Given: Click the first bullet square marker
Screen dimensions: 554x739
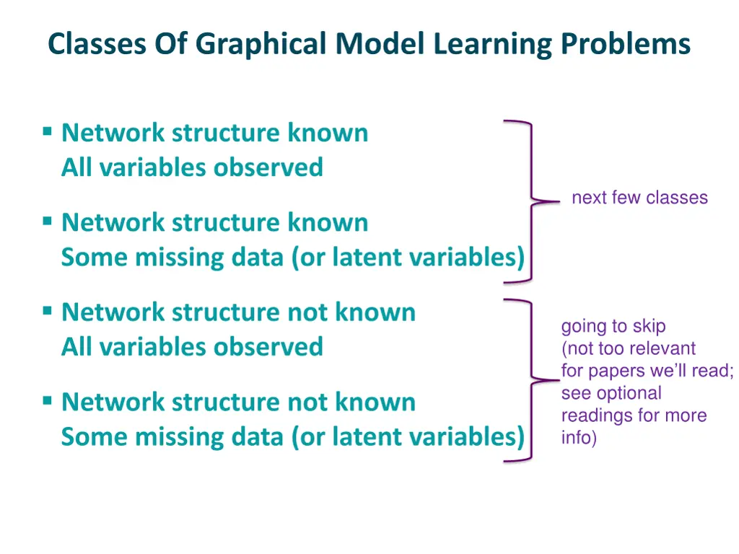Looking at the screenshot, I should click(47, 131).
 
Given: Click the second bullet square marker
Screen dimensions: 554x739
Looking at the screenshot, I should click(47, 221).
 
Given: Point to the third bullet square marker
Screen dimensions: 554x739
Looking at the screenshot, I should click(47, 311).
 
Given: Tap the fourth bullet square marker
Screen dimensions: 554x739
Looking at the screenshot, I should click(47, 400).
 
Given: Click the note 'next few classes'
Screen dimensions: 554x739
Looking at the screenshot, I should click(639, 198).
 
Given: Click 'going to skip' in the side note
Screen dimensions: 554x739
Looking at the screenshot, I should click(613, 327).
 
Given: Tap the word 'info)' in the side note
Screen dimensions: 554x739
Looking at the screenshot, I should click(579, 438).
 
